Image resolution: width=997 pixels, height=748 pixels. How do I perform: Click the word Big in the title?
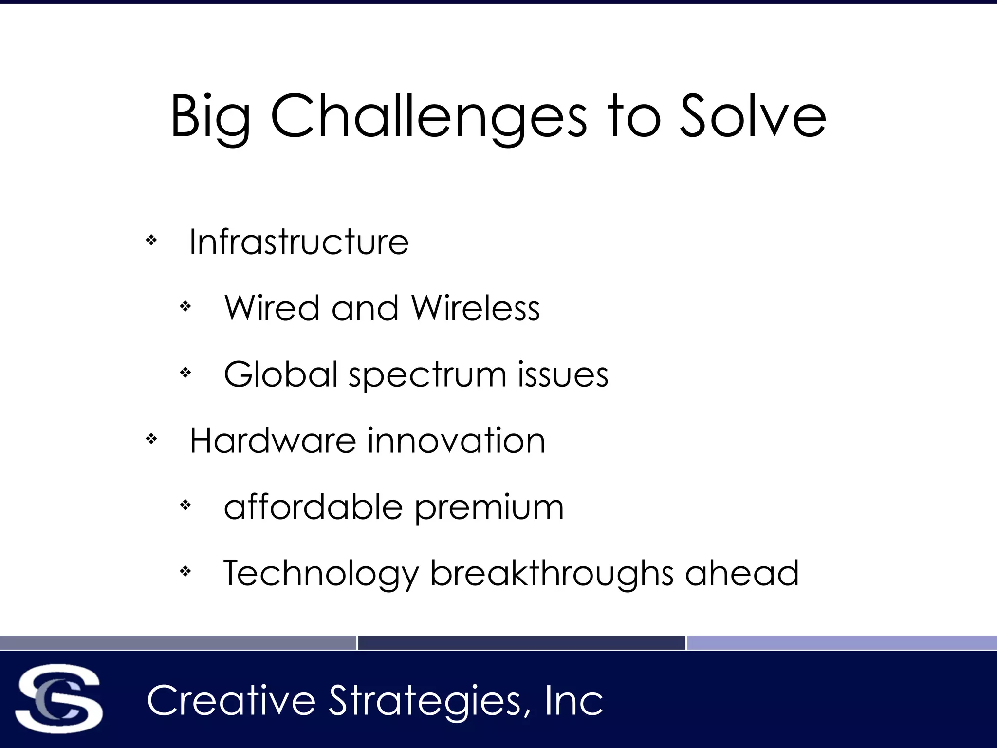coord(210,117)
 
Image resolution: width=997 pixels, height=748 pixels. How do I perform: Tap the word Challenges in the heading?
coord(428,117)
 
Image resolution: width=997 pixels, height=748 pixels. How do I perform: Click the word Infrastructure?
coord(299,242)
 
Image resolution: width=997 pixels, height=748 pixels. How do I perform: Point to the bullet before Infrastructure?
coord(151,240)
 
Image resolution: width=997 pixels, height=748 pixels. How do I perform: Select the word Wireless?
coord(476,308)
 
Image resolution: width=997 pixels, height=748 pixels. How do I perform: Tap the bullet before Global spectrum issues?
coord(185,373)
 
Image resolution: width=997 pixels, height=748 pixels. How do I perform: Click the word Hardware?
coord(273,441)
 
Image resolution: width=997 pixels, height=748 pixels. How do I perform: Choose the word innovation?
coord(456,441)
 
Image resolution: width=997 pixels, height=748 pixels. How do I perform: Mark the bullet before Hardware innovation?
coord(151,439)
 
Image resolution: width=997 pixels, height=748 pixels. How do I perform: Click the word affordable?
coord(313,507)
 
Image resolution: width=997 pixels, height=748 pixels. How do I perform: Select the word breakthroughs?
coord(552,574)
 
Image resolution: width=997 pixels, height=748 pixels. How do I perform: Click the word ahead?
coord(742,573)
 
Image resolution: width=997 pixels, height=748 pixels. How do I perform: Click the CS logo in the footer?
coord(59,699)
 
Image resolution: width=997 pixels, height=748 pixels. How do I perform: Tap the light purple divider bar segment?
coord(842,643)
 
